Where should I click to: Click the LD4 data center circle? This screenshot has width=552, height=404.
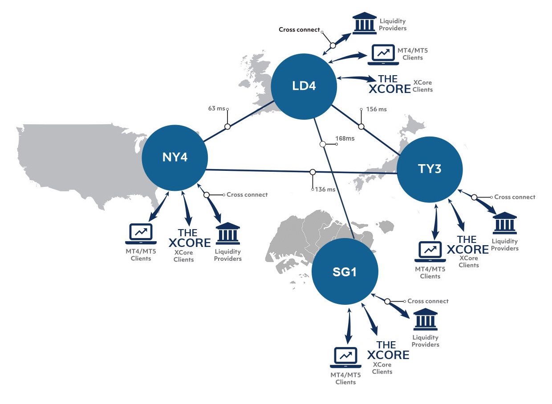pyautogui.click(x=304, y=85)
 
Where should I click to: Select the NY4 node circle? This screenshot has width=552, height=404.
pyautogui.click(x=175, y=158)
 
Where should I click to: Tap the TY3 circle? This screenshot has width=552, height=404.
pyautogui.click(x=429, y=169)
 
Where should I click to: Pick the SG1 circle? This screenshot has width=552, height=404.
pyautogui.click(x=345, y=271)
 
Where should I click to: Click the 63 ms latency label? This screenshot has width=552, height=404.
pyautogui.click(x=217, y=108)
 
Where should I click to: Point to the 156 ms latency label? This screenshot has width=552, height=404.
pyautogui.click(x=376, y=109)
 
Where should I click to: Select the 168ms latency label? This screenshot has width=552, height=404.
pyautogui.click(x=345, y=138)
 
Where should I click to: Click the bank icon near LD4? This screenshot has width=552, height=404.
pyautogui.click(x=364, y=24)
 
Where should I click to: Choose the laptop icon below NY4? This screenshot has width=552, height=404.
pyautogui.click(x=141, y=234)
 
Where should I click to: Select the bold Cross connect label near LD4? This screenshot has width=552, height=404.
pyautogui.click(x=299, y=30)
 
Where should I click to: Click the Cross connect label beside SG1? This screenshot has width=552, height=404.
pyautogui.click(x=428, y=301)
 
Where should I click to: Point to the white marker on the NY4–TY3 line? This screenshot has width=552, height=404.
pyautogui.click(x=313, y=172)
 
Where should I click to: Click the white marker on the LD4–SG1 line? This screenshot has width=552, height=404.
pyautogui.click(x=322, y=144)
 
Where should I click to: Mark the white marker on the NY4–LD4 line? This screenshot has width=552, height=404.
pyautogui.click(x=227, y=126)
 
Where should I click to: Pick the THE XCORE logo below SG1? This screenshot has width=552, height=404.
pyautogui.click(x=388, y=351)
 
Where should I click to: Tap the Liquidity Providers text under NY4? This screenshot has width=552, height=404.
pyautogui.click(x=227, y=255)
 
